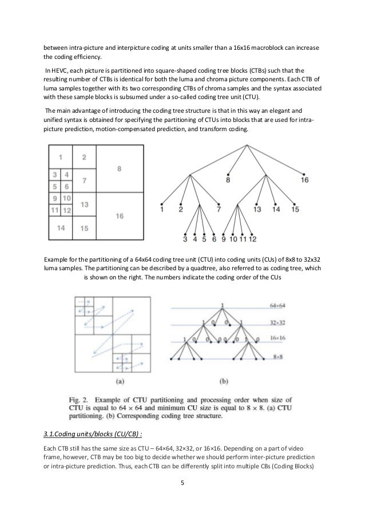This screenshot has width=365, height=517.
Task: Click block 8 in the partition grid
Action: (118, 169)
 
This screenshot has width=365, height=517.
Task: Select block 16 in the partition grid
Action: (118, 216)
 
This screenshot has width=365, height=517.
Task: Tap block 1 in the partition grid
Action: (61, 156)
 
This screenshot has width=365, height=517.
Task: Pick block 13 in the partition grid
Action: (84, 204)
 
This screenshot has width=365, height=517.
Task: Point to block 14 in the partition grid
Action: (61, 228)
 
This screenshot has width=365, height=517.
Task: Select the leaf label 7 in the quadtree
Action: (218, 210)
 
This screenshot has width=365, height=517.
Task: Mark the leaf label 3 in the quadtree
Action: (185, 239)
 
